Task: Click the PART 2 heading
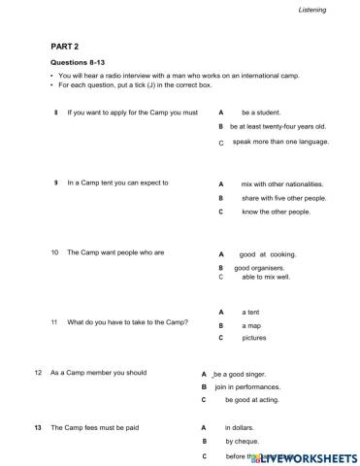click(x=64, y=46)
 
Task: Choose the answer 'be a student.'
click(x=261, y=113)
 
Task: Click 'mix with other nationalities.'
click(x=282, y=183)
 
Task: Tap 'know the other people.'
click(x=276, y=212)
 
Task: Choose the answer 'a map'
click(x=252, y=325)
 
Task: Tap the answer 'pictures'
click(x=254, y=339)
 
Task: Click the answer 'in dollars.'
click(x=243, y=428)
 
